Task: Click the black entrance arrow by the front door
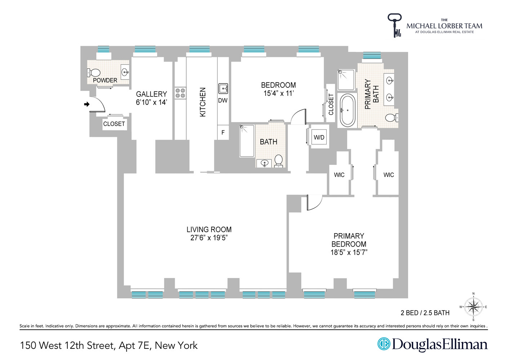click(x=86, y=104)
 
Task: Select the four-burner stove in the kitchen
click(x=180, y=93)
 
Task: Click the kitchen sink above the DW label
click(x=223, y=88)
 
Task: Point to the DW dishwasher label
click(x=223, y=100)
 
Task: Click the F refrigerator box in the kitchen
click(x=223, y=132)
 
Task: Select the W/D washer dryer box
click(x=319, y=137)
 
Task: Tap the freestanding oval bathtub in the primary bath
click(x=347, y=110)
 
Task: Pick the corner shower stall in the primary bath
click(x=346, y=80)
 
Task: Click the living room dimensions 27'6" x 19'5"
click(x=209, y=238)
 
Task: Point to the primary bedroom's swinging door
click(x=313, y=202)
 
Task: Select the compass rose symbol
click(x=473, y=307)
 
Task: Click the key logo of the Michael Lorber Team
click(x=394, y=25)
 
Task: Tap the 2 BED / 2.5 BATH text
click(x=425, y=313)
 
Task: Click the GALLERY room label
click(x=151, y=94)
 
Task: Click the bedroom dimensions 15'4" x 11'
click(x=278, y=94)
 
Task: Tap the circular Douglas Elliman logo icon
click(x=384, y=344)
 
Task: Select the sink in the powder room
click(x=125, y=72)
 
